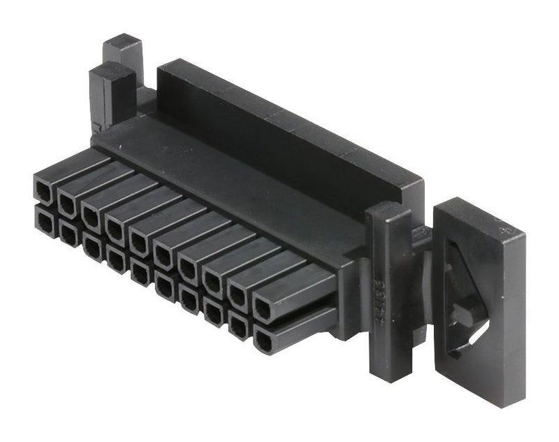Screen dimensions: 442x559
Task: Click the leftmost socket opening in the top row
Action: point(44,189)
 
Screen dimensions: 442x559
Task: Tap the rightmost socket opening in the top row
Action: point(265,308)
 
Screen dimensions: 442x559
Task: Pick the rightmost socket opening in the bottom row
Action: point(264,341)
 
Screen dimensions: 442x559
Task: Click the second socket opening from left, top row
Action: point(68,202)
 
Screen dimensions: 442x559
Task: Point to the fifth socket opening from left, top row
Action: point(140,241)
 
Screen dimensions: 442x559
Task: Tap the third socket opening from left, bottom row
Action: point(92,246)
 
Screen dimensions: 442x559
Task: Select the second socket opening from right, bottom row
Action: point(239,326)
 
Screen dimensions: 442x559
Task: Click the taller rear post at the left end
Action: point(124,56)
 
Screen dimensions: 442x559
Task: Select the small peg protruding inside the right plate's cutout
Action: point(462,313)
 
